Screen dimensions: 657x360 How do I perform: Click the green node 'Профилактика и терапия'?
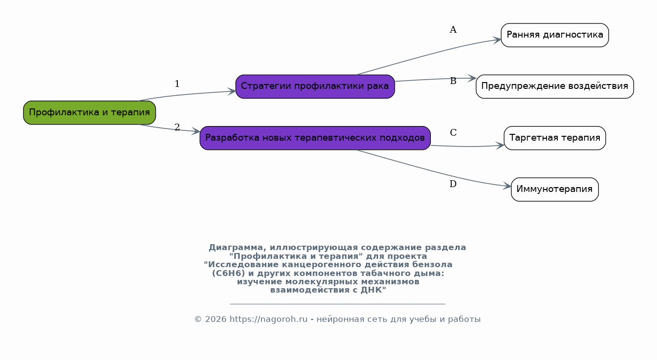tap(89, 113)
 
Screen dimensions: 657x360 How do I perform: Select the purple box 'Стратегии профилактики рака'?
tap(315, 86)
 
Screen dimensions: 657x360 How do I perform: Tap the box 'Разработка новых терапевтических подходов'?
tap(315, 138)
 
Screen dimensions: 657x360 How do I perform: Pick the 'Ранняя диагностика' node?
tap(554, 35)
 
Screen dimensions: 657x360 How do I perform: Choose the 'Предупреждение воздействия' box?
tap(554, 86)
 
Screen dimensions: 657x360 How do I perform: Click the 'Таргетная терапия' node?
tap(554, 138)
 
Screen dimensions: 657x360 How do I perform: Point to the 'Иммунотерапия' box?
tap(554, 189)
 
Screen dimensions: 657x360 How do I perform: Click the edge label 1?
tap(177, 84)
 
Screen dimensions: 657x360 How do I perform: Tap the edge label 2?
tap(177, 127)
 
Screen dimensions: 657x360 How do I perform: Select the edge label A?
tap(453, 30)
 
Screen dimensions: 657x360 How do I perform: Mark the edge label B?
tap(453, 81)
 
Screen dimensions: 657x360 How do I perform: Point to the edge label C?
tap(453, 132)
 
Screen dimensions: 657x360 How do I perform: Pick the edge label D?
tap(453, 184)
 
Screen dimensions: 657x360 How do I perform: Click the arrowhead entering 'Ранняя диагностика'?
tap(497, 40)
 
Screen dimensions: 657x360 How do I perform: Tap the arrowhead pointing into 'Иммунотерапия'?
tap(507, 186)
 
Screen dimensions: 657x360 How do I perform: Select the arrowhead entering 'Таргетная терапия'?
tap(500, 146)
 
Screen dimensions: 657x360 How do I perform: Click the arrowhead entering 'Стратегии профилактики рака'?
tap(232, 91)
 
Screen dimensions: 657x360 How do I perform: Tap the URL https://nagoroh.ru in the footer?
tap(268, 319)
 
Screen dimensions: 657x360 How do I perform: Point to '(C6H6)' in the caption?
tap(229, 274)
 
